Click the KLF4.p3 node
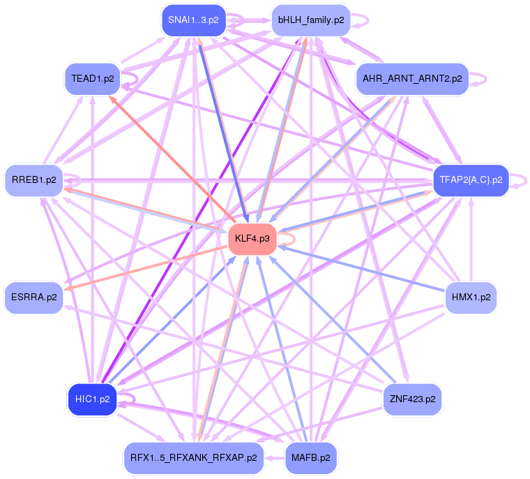point(252,239)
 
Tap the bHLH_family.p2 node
point(311,20)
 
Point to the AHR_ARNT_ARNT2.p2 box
point(412,79)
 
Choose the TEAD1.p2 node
point(93,78)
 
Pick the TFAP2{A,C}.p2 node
point(471,180)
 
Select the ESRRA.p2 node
point(33,297)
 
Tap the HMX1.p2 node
point(471,297)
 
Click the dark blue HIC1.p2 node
point(92,399)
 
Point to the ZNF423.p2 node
point(412,399)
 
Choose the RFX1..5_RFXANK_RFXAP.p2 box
point(193,458)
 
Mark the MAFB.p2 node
point(311,458)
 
